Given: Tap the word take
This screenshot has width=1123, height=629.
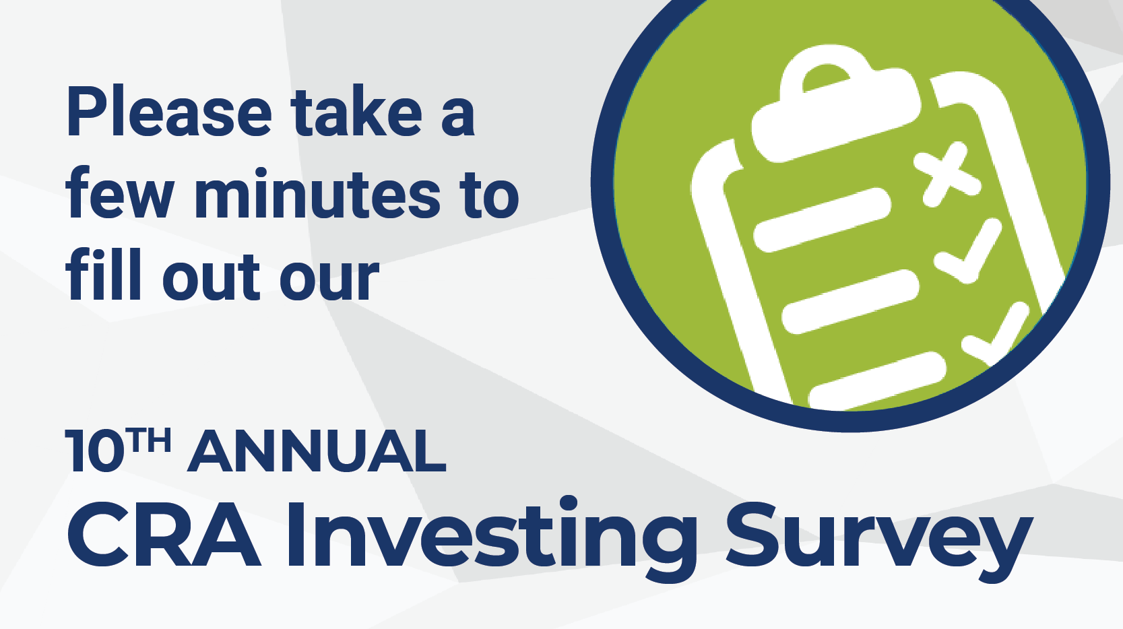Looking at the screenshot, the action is click(358, 110).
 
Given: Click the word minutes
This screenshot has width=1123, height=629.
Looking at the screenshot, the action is click(317, 193).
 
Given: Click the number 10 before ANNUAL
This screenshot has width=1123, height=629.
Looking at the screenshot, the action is click(95, 451).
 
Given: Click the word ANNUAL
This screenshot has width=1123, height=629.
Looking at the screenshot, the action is click(317, 451).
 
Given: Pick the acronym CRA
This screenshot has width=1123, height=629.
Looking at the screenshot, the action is click(164, 534).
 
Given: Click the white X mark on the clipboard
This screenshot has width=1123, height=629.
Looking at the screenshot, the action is click(946, 174).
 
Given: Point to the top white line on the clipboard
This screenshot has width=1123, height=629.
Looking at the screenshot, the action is click(822, 220).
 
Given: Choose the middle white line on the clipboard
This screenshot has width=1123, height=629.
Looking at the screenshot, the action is click(851, 302).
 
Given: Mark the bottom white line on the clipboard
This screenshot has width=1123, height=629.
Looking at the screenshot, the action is click(877, 381).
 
